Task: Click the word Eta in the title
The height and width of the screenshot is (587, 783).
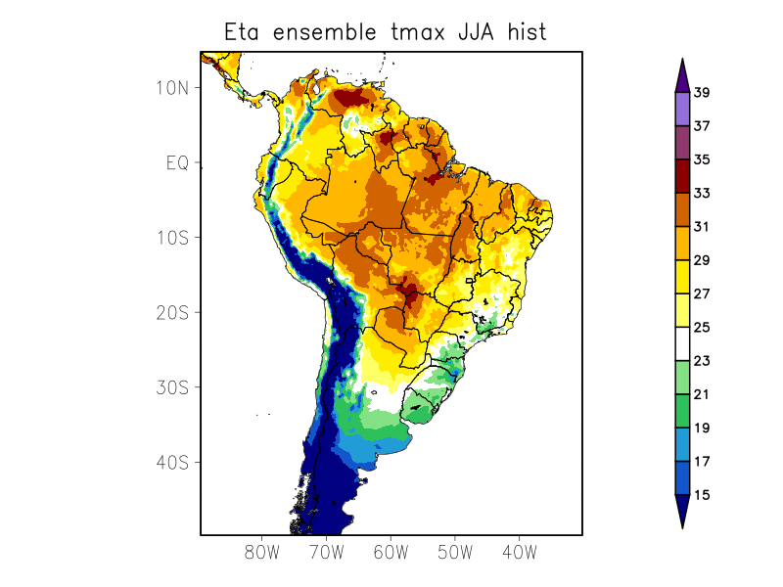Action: tap(245, 32)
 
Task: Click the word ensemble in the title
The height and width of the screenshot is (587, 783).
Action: tap(324, 32)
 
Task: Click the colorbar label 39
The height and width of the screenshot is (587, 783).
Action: tap(701, 93)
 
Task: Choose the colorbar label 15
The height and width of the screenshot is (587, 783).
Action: tap(701, 495)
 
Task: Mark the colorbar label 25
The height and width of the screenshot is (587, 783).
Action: tap(701, 328)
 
